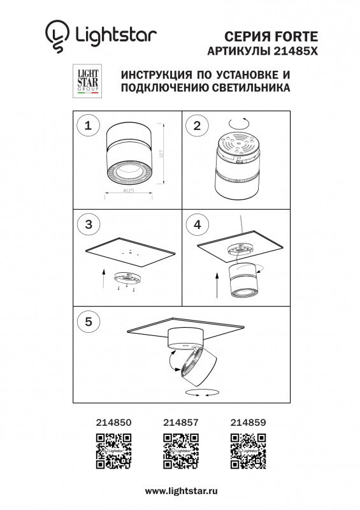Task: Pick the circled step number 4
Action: (197, 224)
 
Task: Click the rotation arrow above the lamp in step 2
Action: (240, 121)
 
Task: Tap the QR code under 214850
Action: (113, 450)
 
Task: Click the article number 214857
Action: (181, 422)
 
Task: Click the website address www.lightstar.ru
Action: (181, 491)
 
